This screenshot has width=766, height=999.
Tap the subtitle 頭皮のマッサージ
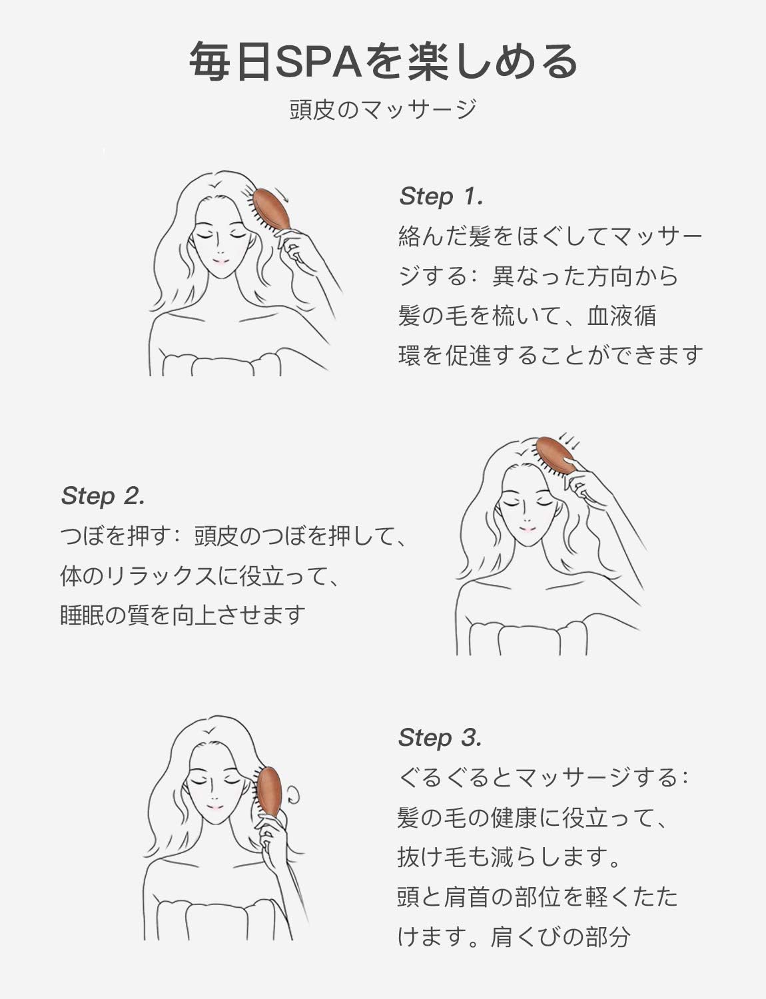pos(383,109)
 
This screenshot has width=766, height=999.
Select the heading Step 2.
pos(103,496)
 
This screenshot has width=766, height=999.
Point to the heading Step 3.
pos(440,737)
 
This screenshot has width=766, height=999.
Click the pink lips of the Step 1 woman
pos(219,262)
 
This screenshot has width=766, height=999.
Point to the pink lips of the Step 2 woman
pos(527,530)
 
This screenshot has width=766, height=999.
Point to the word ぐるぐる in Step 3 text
pos(443,777)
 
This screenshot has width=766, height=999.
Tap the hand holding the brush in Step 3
pos(270,842)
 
